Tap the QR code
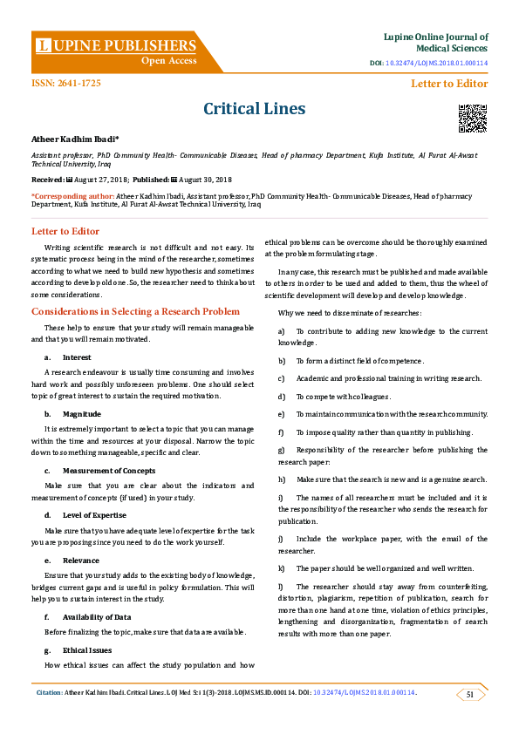(x=473, y=117)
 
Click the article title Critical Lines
(x=254, y=109)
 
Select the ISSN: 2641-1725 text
(x=66, y=83)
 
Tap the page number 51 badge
(x=470, y=694)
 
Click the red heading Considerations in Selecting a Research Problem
(x=135, y=311)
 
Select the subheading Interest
(x=78, y=357)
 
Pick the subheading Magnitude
(x=82, y=414)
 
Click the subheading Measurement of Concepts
(x=109, y=471)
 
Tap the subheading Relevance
(x=81, y=561)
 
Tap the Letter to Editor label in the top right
(x=449, y=84)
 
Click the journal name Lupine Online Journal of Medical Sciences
(x=435, y=43)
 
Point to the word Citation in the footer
(x=49, y=693)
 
